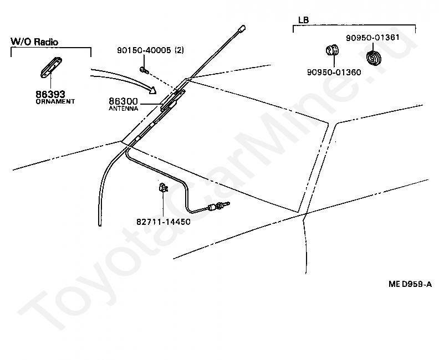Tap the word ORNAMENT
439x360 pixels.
pyautogui.click(x=55, y=102)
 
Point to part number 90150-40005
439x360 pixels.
pyautogui.click(x=144, y=50)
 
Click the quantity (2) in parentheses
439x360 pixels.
pyautogui.click(x=179, y=50)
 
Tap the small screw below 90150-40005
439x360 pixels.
pyautogui.click(x=143, y=69)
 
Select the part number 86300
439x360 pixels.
pyautogui.click(x=122, y=102)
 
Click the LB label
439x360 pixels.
pyautogui.click(x=304, y=20)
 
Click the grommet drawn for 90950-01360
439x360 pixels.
pyautogui.click(x=331, y=50)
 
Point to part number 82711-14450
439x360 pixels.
pyautogui.click(x=163, y=222)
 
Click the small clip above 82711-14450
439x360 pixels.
pyautogui.click(x=164, y=188)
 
